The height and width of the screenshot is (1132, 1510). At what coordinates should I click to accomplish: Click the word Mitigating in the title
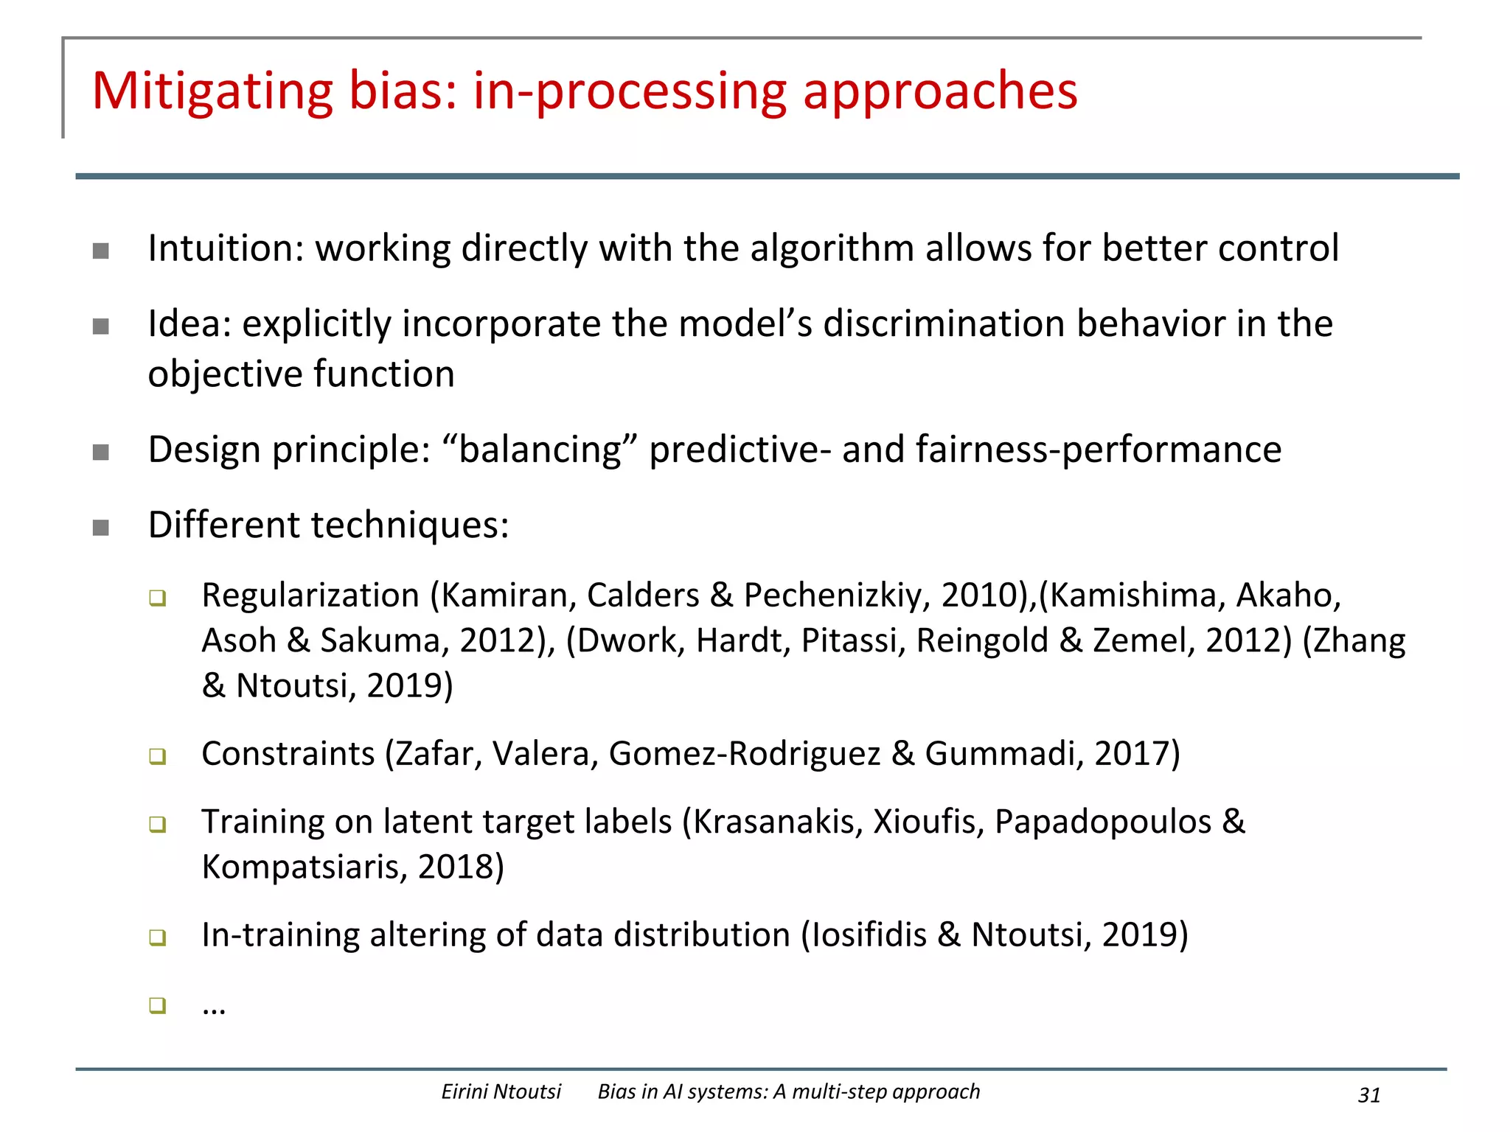(212, 92)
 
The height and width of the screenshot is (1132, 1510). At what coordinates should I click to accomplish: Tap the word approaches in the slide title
(940, 92)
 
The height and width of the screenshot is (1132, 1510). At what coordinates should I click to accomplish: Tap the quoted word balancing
(540, 450)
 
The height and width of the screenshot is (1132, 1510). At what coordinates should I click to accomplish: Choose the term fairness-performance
(1099, 450)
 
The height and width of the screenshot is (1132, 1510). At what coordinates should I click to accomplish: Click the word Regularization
(310, 595)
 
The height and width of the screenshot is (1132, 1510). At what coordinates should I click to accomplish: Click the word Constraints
(288, 754)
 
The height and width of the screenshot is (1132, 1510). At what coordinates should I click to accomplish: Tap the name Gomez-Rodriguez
(745, 754)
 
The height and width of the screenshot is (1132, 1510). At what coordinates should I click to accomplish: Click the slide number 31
(1368, 1095)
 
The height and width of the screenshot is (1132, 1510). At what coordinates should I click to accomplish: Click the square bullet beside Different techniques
(101, 528)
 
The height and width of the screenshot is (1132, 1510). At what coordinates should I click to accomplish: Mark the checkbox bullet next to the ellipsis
(157, 1005)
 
